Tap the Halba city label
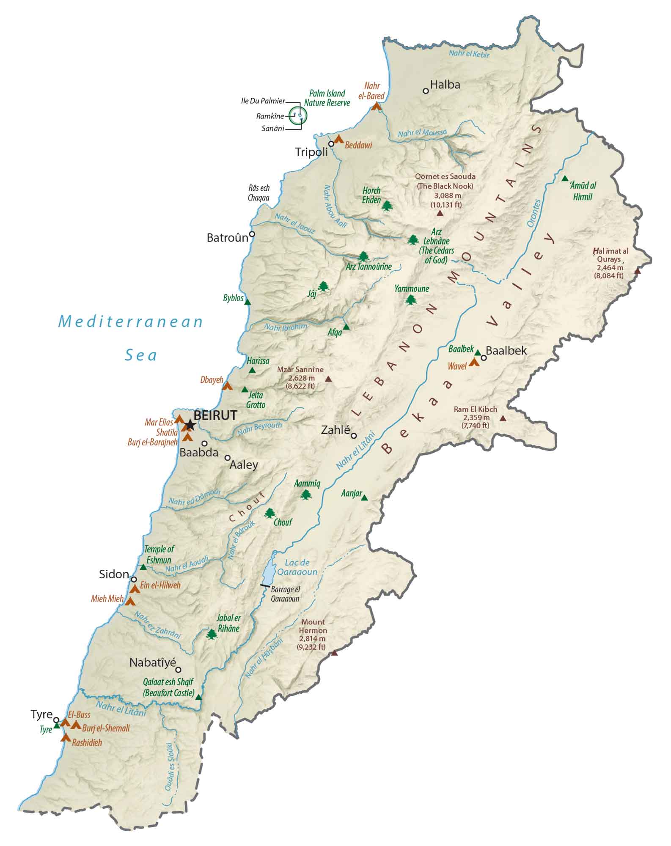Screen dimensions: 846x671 click(x=445, y=85)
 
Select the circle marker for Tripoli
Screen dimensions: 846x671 click(x=331, y=144)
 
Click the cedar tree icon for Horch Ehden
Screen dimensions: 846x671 click(x=387, y=206)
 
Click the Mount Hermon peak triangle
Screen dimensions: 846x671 click(x=334, y=653)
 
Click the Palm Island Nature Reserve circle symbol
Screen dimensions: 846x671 click(x=298, y=115)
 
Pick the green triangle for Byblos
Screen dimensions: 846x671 click(x=248, y=302)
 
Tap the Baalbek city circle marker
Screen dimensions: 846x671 click(x=484, y=358)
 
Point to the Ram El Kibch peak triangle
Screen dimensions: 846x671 click(x=503, y=418)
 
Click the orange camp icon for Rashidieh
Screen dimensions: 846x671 click(x=66, y=738)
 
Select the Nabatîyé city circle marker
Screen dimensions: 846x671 click(x=179, y=670)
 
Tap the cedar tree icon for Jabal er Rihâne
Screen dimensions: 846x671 click(x=211, y=634)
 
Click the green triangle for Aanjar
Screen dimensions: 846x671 click(x=364, y=498)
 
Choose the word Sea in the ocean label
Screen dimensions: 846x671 click(x=141, y=355)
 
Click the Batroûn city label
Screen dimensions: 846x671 click(x=227, y=238)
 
